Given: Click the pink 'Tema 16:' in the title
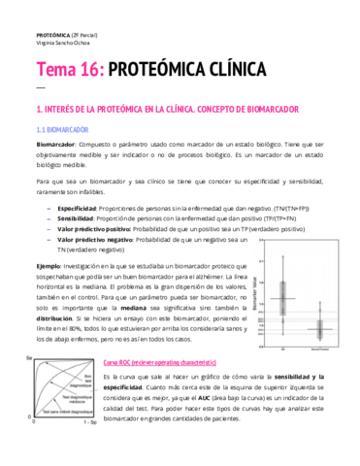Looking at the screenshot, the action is (x=67, y=71).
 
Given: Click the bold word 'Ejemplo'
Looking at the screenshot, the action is (x=49, y=266).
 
